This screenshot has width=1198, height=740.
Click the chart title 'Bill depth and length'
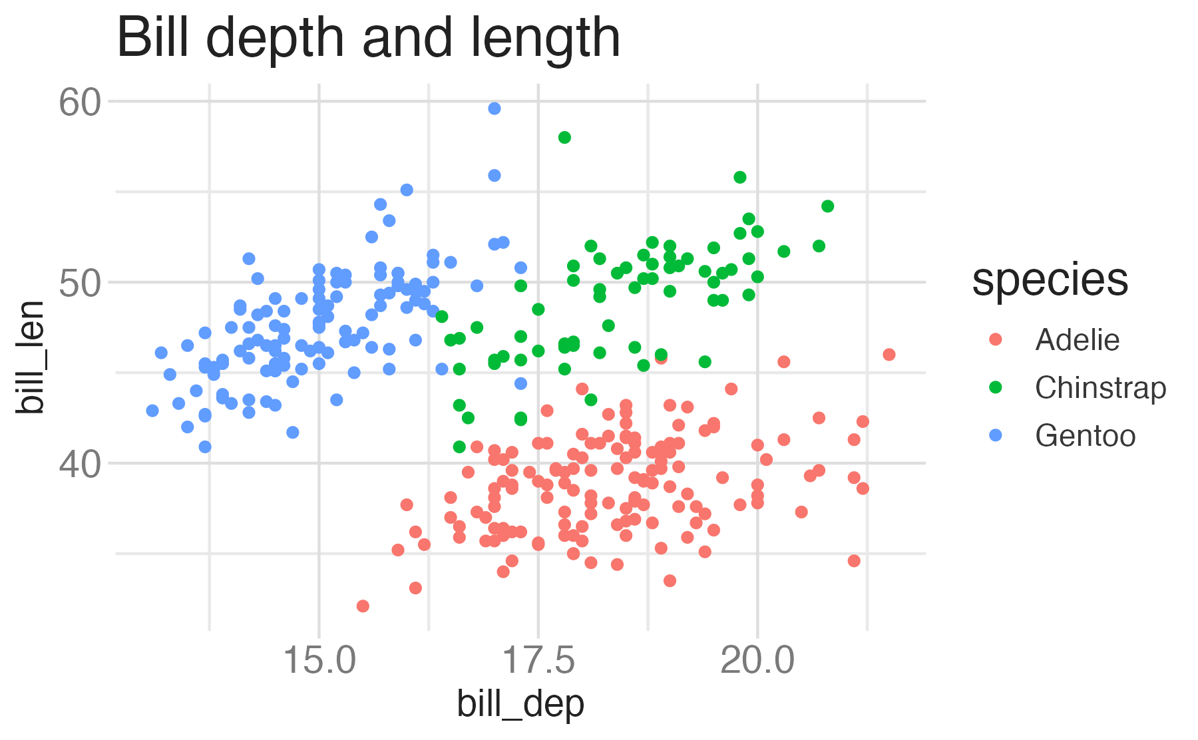pos(368,38)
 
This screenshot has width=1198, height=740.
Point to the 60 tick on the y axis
pos(80,102)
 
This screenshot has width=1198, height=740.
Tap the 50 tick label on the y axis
pos(80,283)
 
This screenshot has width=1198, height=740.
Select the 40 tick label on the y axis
pos(80,464)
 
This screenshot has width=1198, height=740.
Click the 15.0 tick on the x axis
pos(319,660)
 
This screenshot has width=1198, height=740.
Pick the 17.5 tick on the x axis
pos(538,660)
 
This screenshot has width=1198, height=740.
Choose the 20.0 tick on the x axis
pos(757,660)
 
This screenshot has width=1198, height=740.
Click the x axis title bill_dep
pos(520,704)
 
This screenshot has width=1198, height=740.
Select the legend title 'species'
pos(1050,279)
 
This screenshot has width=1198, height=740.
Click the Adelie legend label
pos(1077,340)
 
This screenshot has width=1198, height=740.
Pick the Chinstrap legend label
pos(1100,388)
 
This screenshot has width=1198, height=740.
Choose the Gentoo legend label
pos(1085,436)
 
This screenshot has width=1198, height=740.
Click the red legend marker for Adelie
pos(996,339)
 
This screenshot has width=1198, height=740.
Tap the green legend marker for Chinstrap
pos(996,387)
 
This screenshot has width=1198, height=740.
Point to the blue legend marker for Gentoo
pos(996,435)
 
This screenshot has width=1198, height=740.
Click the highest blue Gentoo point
pos(494,108)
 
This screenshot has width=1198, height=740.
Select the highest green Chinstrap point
pos(564,138)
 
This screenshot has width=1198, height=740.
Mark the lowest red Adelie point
pos(363,606)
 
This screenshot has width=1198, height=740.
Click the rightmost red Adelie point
pos(889,355)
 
